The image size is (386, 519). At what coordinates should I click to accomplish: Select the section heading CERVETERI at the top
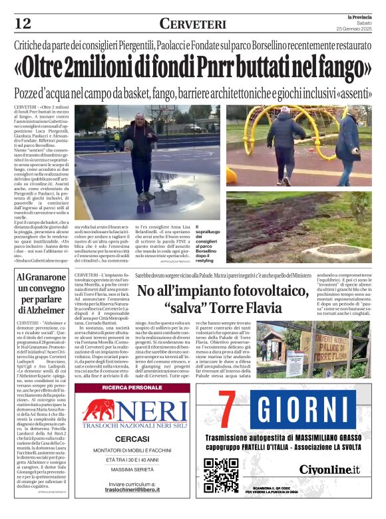192,24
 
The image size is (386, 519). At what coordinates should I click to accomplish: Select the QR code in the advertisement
222,475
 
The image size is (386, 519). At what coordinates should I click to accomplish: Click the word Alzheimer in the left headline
41,310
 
